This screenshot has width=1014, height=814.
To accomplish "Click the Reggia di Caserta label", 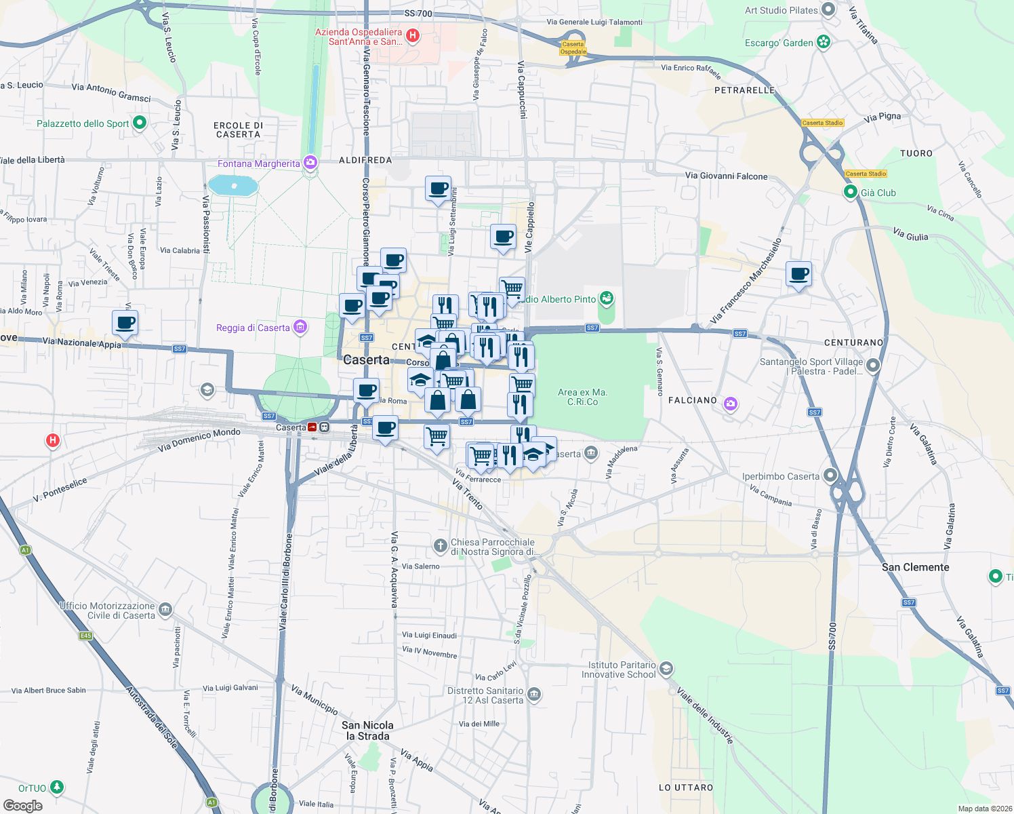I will coord(253,328).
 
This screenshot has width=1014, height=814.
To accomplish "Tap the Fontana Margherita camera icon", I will coord(310,163).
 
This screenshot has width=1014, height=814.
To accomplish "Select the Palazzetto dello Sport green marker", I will coord(140,123).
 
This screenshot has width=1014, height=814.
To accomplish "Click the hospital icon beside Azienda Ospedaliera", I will coord(412,35).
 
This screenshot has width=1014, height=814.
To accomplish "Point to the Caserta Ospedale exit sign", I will coord(573,48).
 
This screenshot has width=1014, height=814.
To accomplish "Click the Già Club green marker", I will coord(851,192).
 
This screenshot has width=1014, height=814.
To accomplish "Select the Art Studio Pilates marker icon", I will coord(828,10).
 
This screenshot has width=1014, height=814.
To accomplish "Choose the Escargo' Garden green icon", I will coord(823,42).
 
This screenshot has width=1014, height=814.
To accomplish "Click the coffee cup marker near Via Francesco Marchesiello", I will coord(799,274).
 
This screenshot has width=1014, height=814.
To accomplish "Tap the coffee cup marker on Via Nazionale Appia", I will coord(125,323).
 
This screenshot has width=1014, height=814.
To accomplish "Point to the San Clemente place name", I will coord(915,567).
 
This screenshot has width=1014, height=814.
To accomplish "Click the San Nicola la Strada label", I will coord(367,731).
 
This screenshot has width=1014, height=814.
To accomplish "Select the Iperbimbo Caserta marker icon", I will coord(830,476).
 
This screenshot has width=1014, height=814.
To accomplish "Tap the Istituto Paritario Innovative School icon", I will coord(666,669).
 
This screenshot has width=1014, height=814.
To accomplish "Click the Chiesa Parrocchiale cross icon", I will coord(441,545).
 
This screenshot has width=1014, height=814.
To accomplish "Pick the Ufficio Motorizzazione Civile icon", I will coord(165,610).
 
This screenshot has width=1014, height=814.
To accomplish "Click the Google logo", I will coord(23,805).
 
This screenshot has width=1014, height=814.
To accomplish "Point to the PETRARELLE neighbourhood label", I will coord(744,90).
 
